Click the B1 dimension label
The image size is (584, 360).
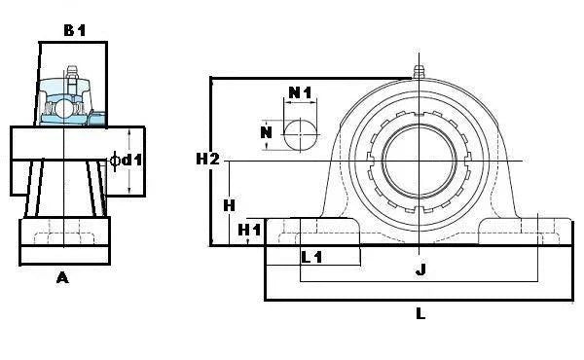[x=75, y=30]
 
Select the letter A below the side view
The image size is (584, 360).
[x=63, y=278]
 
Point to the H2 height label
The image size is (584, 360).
[x=207, y=158]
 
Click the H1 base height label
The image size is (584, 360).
[x=250, y=230]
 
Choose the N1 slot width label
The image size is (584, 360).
[x=300, y=92]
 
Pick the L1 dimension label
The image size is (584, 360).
[x=312, y=258]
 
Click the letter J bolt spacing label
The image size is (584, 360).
[x=420, y=270]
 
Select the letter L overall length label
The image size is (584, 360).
[x=420, y=313]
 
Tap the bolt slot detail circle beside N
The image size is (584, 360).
[x=300, y=134]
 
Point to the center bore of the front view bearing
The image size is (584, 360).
[x=420, y=160]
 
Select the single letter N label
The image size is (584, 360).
[x=265, y=132]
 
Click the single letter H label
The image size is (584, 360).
[x=228, y=205]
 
